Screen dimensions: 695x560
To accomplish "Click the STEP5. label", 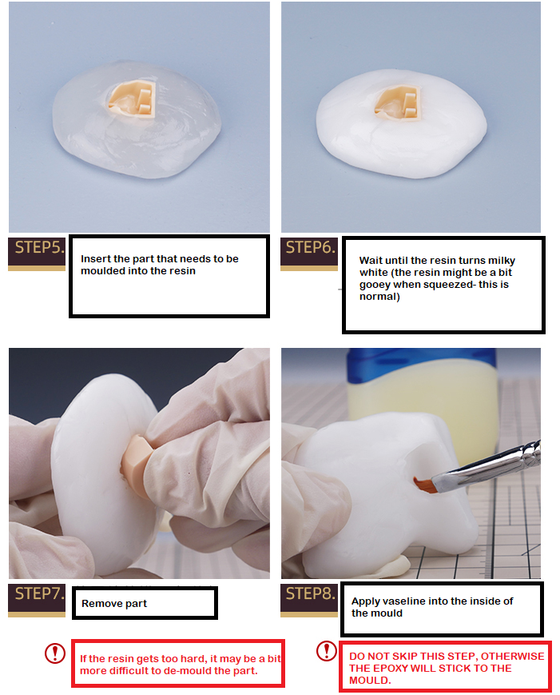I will pos(37,248).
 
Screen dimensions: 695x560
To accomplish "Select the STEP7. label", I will pos(37,594).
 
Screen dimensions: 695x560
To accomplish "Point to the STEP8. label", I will pos(310,593).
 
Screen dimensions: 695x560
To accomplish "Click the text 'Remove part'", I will pos(114,604).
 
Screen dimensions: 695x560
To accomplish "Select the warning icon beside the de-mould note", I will pos(54,653).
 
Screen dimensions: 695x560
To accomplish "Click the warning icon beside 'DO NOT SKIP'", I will pos(326,651).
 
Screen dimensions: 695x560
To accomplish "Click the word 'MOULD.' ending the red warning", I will pos(370,681).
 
